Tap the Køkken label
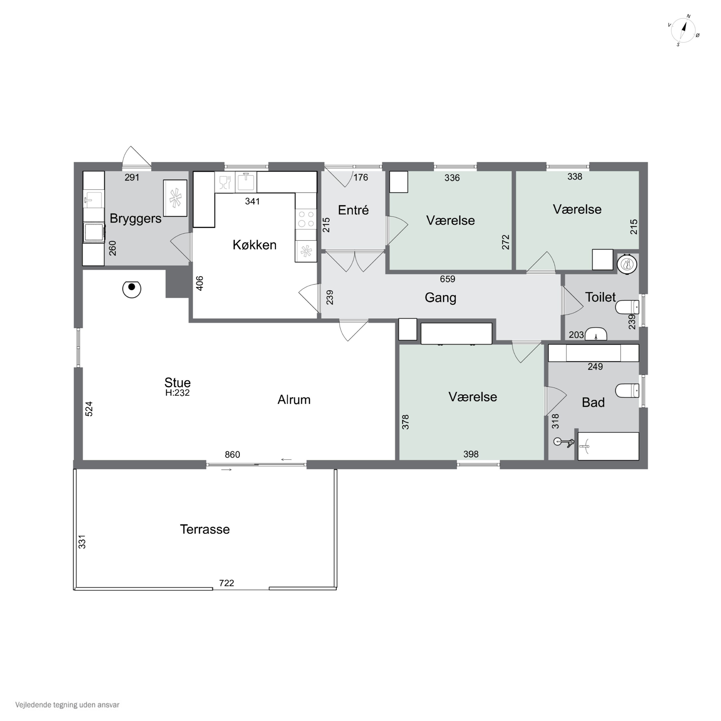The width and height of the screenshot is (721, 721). [255, 245]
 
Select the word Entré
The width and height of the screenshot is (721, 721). [353, 210]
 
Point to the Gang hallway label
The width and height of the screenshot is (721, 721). [440, 298]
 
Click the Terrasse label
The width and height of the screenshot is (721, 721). [205, 529]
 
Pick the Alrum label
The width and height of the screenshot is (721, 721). [294, 400]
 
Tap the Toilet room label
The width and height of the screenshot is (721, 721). [600, 297]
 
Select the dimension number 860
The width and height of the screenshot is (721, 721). [232, 454]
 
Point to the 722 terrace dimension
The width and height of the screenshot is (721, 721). [227, 583]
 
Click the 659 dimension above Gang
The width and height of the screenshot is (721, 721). [448, 279]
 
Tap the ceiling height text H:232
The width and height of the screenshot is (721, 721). [178, 393]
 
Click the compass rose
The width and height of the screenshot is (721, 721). [683, 31]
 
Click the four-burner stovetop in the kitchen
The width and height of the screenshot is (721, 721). [306, 219]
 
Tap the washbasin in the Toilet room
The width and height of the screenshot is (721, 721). [596, 334]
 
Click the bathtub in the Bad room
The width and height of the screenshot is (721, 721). [608, 446]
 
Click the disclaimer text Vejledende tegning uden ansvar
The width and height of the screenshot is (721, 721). [67, 705]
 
